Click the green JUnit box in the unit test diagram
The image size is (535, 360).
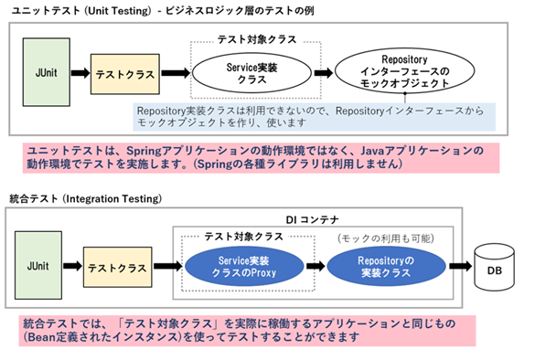[44, 70]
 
